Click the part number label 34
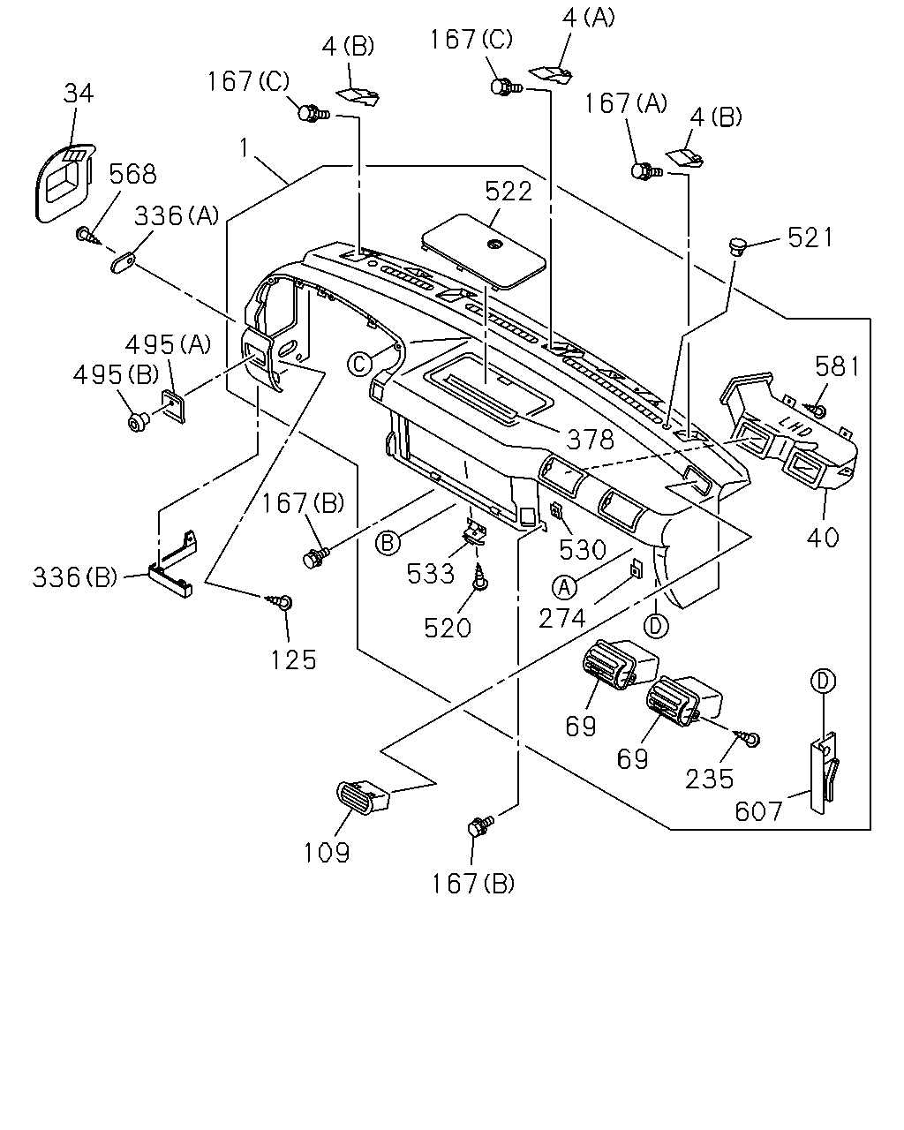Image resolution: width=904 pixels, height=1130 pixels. (x=79, y=94)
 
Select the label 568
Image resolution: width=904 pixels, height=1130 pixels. (x=132, y=174)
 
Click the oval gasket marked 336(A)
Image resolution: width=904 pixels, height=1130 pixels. (x=124, y=261)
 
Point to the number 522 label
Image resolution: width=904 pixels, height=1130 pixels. (x=508, y=192)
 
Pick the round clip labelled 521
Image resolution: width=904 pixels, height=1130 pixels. (x=739, y=245)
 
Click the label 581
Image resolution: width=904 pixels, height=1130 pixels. (x=837, y=366)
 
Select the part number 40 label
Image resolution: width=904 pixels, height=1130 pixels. (x=823, y=538)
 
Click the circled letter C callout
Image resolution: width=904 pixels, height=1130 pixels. (x=360, y=364)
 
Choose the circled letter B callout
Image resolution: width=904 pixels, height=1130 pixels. (x=388, y=543)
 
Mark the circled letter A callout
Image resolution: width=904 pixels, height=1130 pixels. (x=564, y=587)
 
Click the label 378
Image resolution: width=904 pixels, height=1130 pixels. (x=590, y=440)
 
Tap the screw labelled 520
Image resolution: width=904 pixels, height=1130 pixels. (x=480, y=577)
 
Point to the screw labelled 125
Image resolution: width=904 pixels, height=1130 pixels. (x=281, y=601)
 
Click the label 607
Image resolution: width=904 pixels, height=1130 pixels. (x=758, y=811)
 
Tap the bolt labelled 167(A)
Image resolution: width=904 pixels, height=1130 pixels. (x=646, y=171)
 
